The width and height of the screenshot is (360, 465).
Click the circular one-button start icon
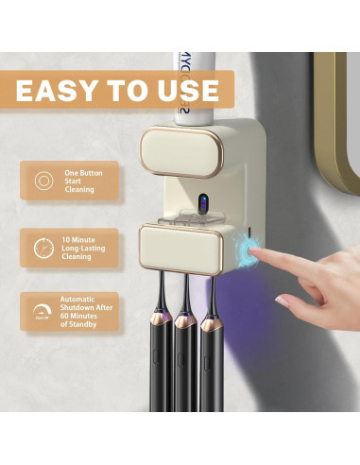tap(42, 181)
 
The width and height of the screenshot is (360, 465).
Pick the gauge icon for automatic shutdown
tap(42, 311)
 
